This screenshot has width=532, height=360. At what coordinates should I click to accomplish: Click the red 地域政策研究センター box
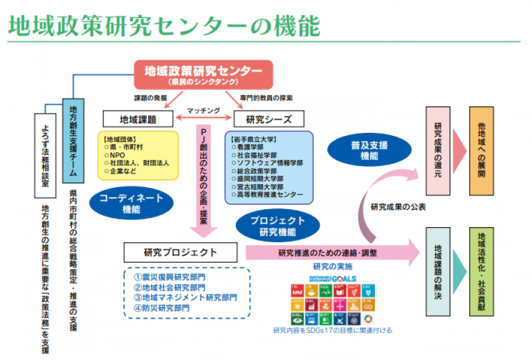click(x=203, y=74)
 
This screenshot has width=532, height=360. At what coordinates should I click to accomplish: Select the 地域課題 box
click(x=138, y=119)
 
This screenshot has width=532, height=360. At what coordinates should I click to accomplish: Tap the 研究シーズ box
click(x=267, y=119)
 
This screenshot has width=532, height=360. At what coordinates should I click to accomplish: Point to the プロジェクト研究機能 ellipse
click(x=277, y=226)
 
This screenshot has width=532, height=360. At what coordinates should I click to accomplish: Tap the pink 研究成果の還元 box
click(x=438, y=152)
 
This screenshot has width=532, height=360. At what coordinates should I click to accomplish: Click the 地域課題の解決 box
click(x=438, y=271)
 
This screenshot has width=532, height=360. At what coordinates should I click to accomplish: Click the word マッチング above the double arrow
click(x=203, y=111)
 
